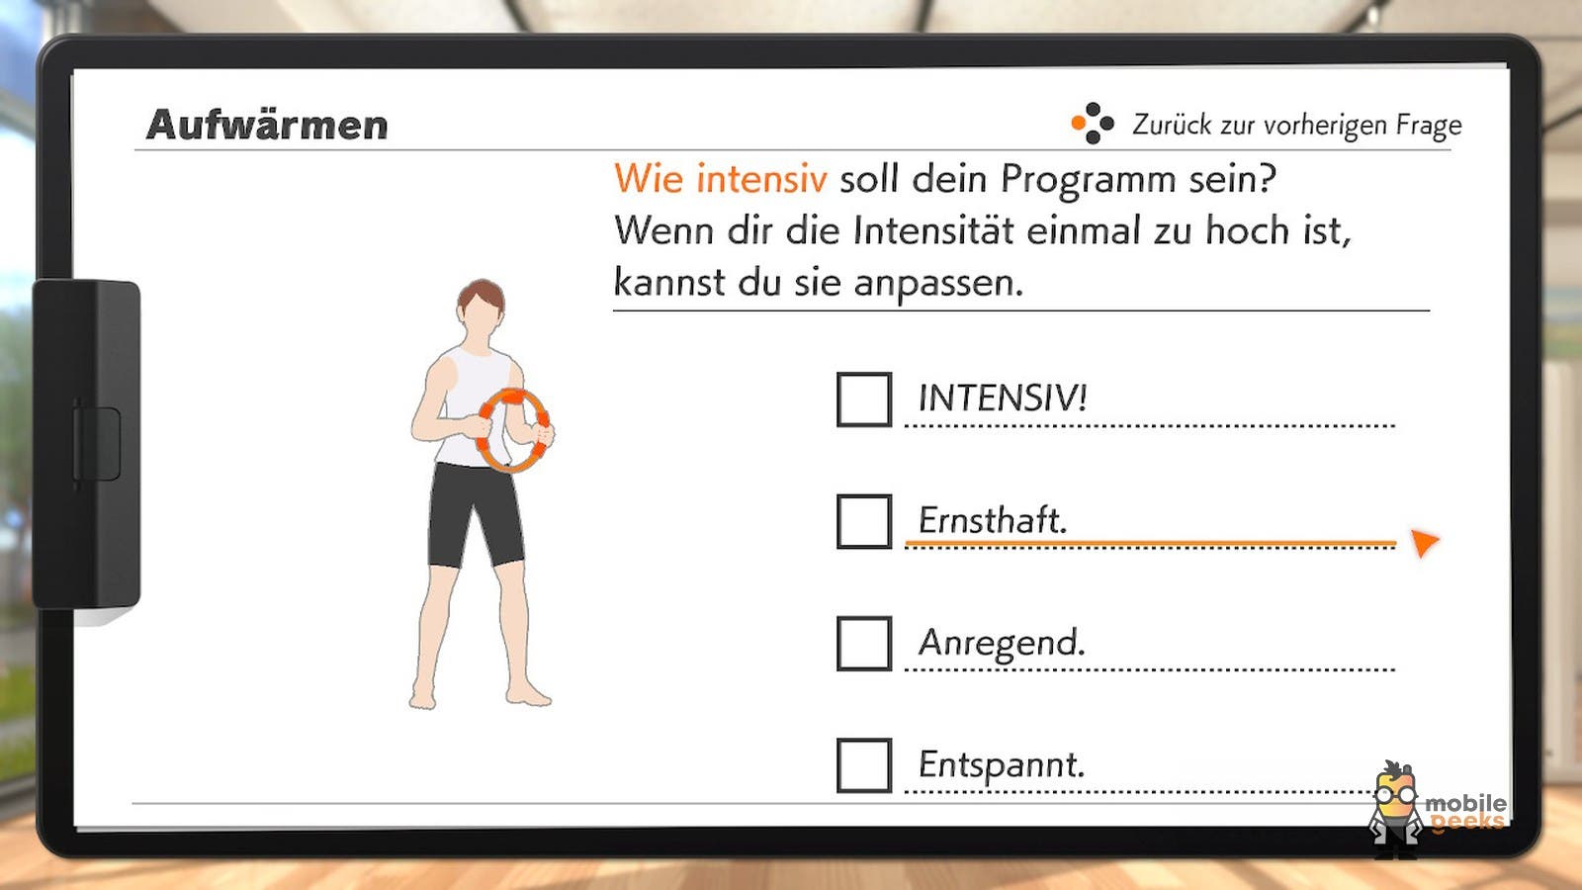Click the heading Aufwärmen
tap(267, 125)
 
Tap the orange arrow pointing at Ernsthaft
tap(1424, 543)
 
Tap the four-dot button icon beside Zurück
tap(1093, 124)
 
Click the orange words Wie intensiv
tap(721, 178)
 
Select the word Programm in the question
tap(1089, 180)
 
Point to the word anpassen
tap(938, 284)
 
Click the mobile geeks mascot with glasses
tap(1395, 809)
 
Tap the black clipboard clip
tap(86, 444)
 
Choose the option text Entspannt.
tap(1002, 765)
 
